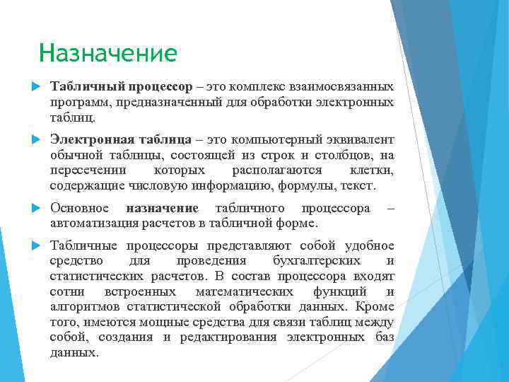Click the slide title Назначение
click(108, 53)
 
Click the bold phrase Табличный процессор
click(121, 86)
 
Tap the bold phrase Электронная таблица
click(121, 140)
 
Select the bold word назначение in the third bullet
click(162, 208)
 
